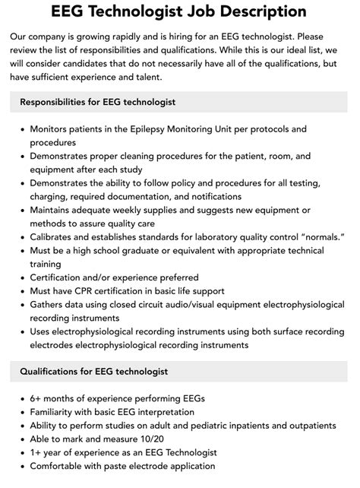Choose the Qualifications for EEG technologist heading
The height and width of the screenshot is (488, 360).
pyautogui.click(x=94, y=372)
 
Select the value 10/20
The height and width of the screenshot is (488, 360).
pyautogui.click(x=153, y=439)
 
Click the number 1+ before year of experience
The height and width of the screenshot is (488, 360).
pyautogui.click(x=36, y=453)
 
